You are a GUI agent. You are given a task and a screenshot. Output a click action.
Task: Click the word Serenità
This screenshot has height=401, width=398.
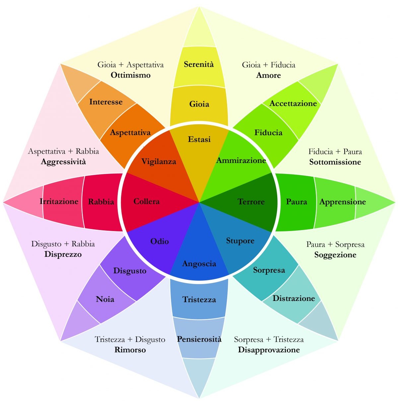point(199,64)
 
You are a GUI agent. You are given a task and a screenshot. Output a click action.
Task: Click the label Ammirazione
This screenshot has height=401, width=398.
point(241,161)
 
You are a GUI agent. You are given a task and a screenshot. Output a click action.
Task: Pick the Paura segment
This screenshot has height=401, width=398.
point(296,202)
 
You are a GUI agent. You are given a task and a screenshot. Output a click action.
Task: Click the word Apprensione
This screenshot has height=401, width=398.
point(342,202)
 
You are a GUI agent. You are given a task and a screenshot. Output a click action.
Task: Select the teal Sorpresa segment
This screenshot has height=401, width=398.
point(269,270)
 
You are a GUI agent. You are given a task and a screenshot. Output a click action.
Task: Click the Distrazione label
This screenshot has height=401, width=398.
point(294,298)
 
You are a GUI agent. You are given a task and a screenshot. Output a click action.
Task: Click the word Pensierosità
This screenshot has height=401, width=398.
point(199,339)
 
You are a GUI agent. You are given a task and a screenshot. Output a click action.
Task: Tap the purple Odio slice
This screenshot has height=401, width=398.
point(160,241)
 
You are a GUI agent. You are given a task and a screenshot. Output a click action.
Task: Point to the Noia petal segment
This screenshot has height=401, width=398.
point(105,299)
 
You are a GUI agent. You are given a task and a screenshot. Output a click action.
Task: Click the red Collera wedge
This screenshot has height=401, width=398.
point(146,201)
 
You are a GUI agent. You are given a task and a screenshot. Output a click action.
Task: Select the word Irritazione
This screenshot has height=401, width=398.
point(59,201)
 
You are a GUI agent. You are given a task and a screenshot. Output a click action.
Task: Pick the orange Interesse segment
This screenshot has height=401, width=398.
point(105,102)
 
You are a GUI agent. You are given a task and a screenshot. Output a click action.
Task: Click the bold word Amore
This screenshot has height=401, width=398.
point(268,75)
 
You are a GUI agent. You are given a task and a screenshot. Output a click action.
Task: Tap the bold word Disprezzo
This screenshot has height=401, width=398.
point(63,255)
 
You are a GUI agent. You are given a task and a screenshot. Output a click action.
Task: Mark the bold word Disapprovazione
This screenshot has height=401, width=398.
point(269,350)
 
